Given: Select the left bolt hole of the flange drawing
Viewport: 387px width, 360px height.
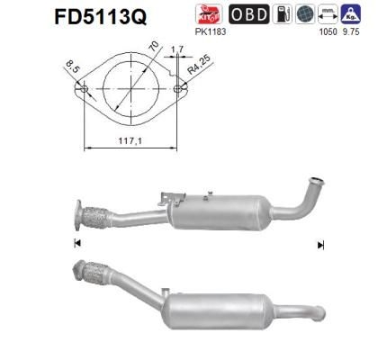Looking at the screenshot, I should (85, 91).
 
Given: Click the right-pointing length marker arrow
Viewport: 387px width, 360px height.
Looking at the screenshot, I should (319, 244).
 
